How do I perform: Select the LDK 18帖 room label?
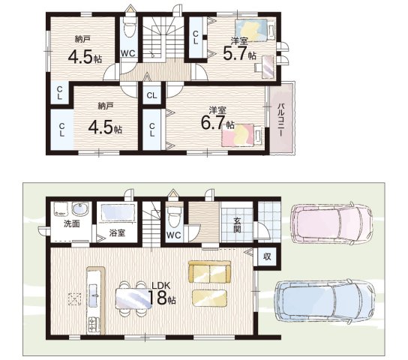click(162, 293)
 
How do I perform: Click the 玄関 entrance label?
click(236, 225)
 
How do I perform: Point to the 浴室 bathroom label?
click(117, 233)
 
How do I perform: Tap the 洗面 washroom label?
click(72, 224)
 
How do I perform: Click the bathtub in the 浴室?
click(118, 213)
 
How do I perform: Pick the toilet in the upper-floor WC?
click(129, 27)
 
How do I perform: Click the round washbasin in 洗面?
click(80, 208)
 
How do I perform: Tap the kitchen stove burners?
click(94, 324)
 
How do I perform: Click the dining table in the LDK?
click(133, 298)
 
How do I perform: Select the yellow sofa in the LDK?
click(209, 271)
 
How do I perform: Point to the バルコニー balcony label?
click(280, 119)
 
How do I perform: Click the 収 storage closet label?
click(267, 256)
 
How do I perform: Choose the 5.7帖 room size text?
click(239, 54)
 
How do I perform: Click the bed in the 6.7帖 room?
click(242, 135)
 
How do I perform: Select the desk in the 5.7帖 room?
click(267, 67)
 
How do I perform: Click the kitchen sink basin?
click(94, 295)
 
